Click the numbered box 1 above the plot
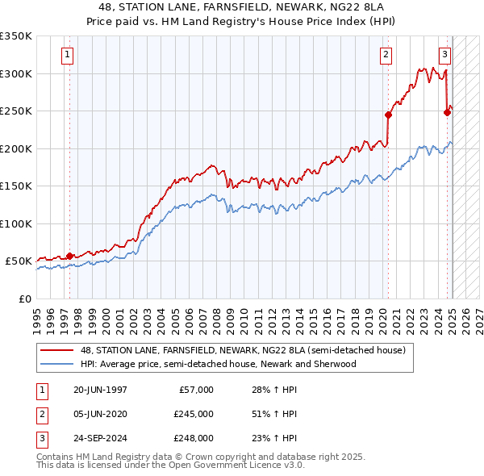click(x=66, y=55)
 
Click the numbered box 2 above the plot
click(x=386, y=55)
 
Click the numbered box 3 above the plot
click(x=444, y=55)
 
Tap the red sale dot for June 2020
click(x=388, y=115)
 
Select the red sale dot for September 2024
click(x=447, y=112)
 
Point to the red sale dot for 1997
click(x=69, y=256)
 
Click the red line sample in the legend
click(x=57, y=350)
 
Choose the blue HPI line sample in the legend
click(x=57, y=364)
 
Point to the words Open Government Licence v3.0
click(x=243, y=466)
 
